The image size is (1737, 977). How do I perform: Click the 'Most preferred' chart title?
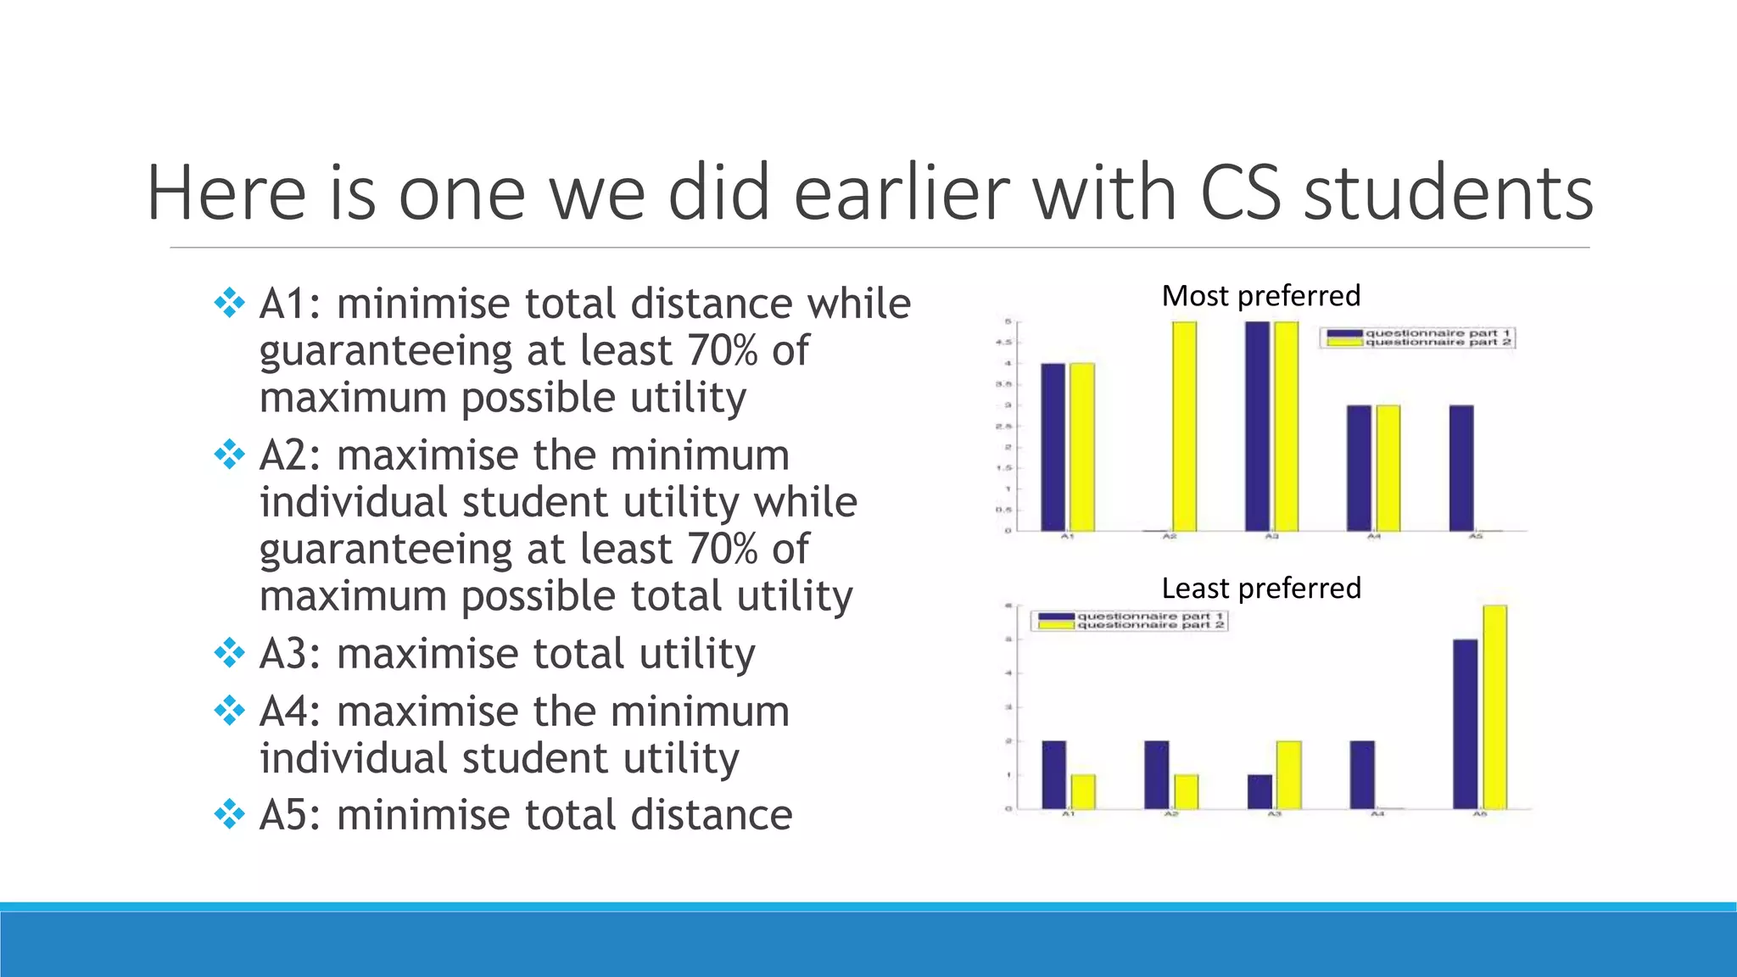pos(1260,296)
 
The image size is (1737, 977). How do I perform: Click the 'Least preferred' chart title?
pos(1260,588)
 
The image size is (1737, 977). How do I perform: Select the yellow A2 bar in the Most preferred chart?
pos(1184,426)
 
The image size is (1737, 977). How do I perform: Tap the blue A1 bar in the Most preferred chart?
pos(1053,447)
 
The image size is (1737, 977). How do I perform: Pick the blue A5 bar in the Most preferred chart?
pos(1461,468)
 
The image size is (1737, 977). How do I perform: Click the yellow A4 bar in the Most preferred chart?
pos(1388,468)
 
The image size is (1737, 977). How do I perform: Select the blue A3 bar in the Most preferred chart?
pos(1258,426)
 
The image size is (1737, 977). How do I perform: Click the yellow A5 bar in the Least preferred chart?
pos(1494,706)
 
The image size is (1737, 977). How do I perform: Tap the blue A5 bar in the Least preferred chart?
pos(1466,723)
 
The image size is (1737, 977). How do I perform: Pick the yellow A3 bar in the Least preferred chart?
pos(1289,774)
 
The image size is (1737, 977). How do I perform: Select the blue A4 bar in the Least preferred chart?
pos(1362,774)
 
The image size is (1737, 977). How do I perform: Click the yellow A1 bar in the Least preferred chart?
pos(1083,791)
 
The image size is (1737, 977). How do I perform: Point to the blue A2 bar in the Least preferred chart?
pos(1156,774)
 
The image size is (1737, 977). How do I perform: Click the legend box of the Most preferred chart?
pos(1417,338)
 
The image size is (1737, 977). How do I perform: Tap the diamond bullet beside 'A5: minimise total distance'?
pos(229,815)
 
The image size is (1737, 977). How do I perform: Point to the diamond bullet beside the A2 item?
pos(229,455)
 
